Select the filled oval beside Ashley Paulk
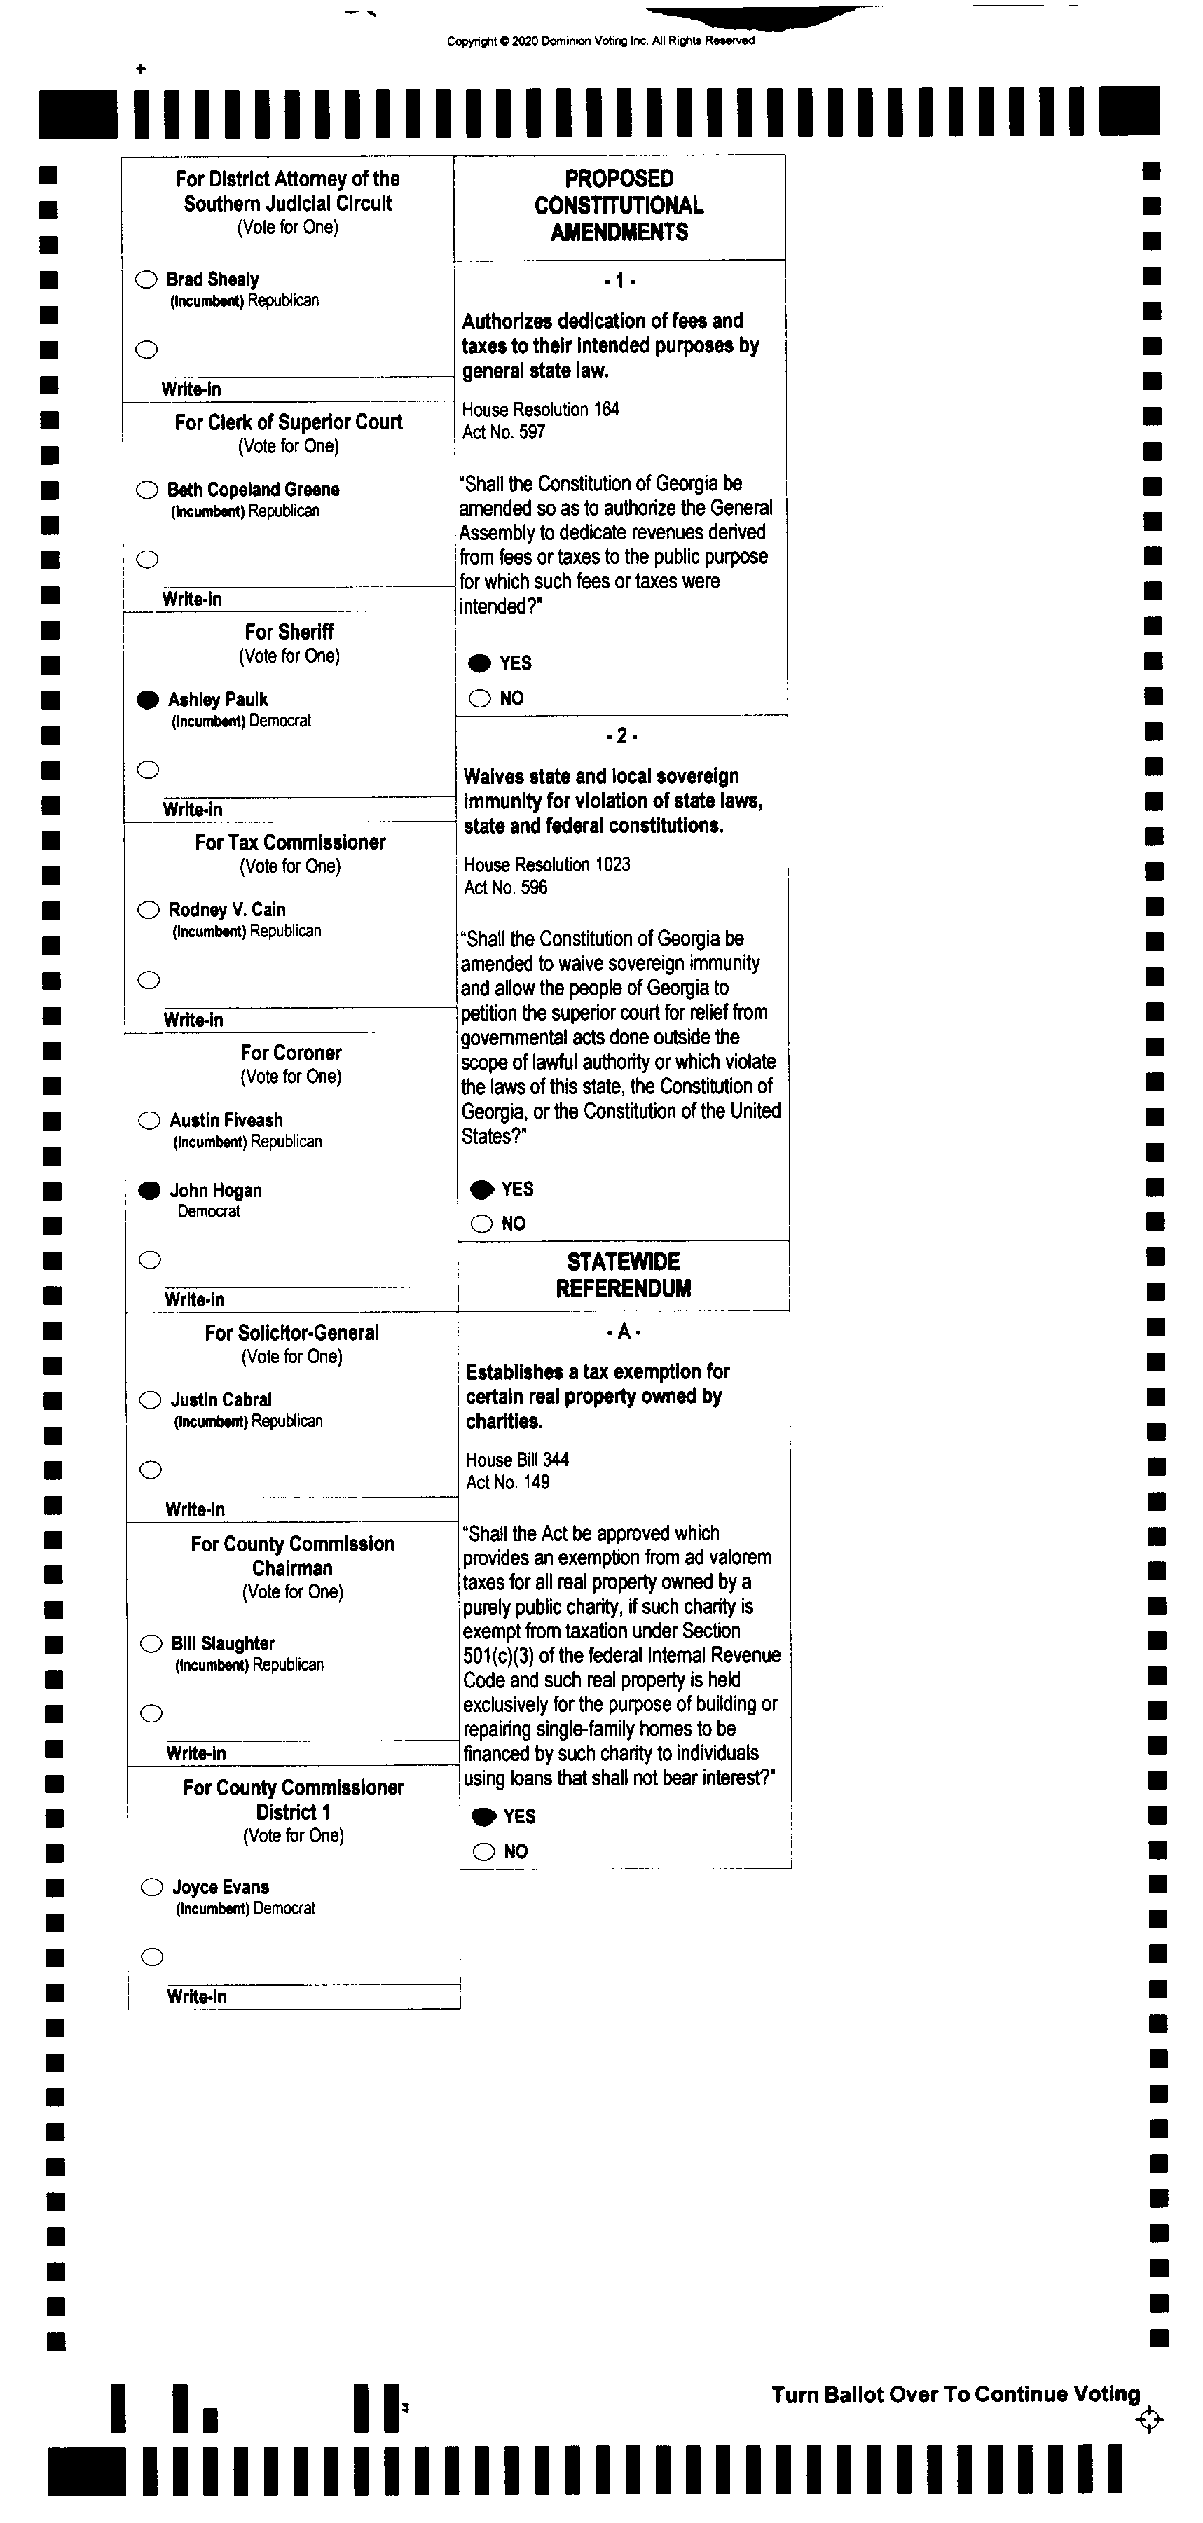[x=148, y=699]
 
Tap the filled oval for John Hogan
[x=150, y=1191]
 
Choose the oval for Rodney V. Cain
[x=148, y=910]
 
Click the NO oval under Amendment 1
[x=480, y=698]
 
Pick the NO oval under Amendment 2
[x=481, y=1223]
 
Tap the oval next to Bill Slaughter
[x=151, y=1643]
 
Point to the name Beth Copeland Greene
[x=253, y=490]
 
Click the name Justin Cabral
[x=221, y=1399]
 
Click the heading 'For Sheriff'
[x=289, y=633]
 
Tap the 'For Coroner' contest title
[x=291, y=1053]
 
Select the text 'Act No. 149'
[x=507, y=1482]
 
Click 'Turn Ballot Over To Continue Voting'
[x=955, y=2393]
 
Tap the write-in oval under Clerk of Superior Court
[x=148, y=559]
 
